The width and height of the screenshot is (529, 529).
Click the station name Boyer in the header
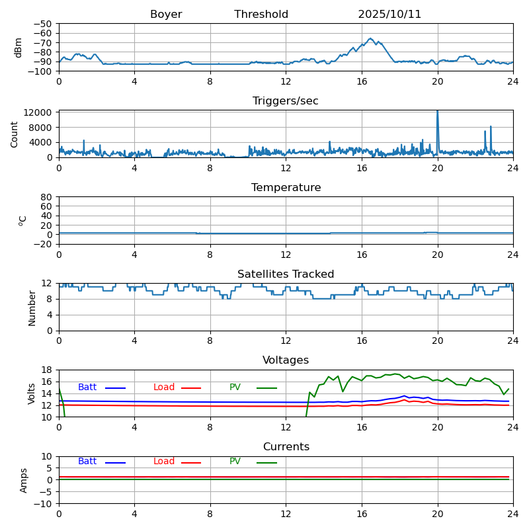coord(166,15)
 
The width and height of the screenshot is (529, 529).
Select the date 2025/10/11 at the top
coord(389,15)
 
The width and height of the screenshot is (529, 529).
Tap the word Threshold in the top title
coord(261,15)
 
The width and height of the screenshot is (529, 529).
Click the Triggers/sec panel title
coord(286,101)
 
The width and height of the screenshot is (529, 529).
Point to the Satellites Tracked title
coord(286,274)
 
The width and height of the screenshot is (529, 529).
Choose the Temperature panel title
coord(286,188)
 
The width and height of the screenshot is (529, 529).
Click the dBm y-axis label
coord(19,48)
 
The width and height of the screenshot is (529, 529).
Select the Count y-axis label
coord(15,134)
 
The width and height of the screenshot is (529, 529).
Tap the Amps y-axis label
coord(24,480)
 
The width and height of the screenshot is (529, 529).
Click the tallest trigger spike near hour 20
coord(437,112)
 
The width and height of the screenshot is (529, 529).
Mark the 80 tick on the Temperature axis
coord(47,197)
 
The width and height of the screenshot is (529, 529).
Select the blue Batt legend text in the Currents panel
coord(87,462)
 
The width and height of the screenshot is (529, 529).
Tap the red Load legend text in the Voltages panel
coord(164,387)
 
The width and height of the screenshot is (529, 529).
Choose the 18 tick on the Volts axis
coord(48,370)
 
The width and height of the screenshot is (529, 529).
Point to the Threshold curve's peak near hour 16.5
coord(370,38)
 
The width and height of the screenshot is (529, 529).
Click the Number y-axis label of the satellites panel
coord(32,308)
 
